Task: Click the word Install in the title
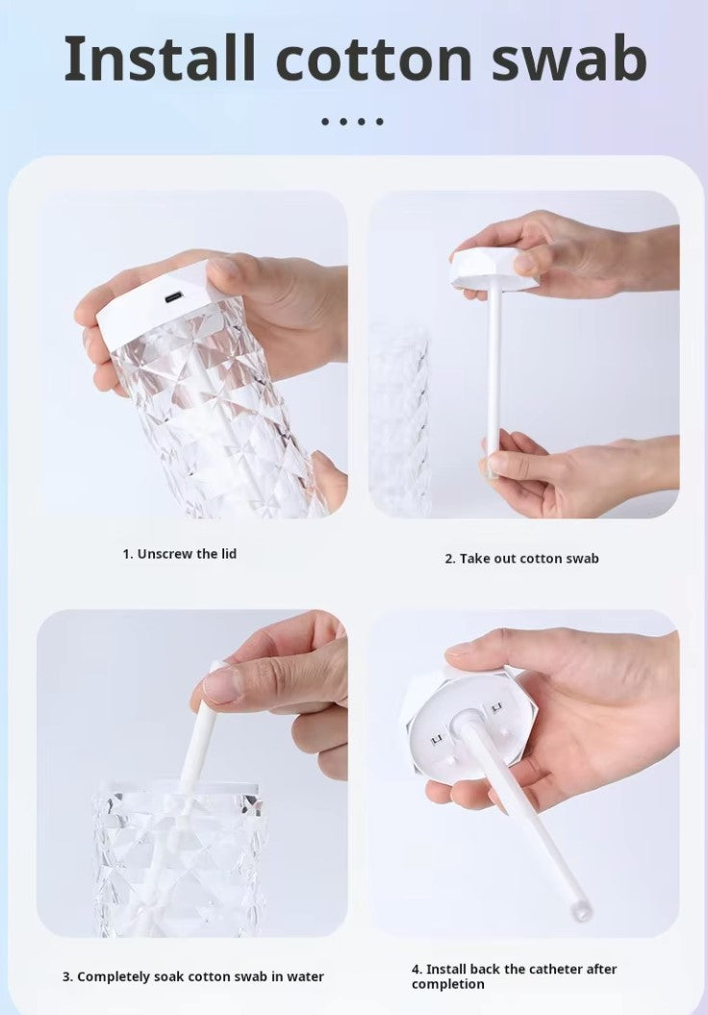coord(159,59)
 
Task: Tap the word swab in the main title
coord(569,59)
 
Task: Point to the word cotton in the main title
coord(373,62)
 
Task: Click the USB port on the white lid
coord(174,298)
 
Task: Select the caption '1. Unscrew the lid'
coord(179,553)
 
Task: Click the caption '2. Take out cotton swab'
coord(521,558)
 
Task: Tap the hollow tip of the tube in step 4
coord(578,911)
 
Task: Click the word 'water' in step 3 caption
coord(306,977)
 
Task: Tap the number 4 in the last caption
coord(416,969)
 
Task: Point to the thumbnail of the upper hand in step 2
coord(524,262)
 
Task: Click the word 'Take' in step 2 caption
coord(474,558)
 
